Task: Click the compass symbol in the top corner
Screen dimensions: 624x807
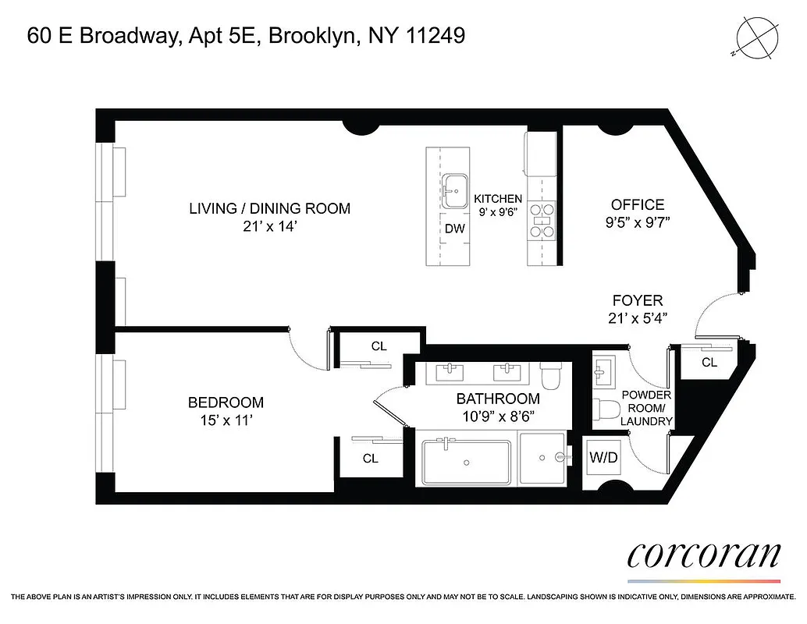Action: pos(756,38)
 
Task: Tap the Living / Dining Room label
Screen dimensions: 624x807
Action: pos(269,208)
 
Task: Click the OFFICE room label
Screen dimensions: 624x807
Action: pos(638,204)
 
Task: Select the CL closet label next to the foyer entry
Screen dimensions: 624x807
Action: pos(709,362)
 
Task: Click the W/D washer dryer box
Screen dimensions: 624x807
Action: pos(603,458)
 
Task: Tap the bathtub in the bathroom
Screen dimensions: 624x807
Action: pos(465,463)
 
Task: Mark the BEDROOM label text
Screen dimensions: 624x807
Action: pos(226,402)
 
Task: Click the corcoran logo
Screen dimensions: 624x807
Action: pos(704,555)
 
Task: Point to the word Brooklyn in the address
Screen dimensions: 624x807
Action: pos(310,36)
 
